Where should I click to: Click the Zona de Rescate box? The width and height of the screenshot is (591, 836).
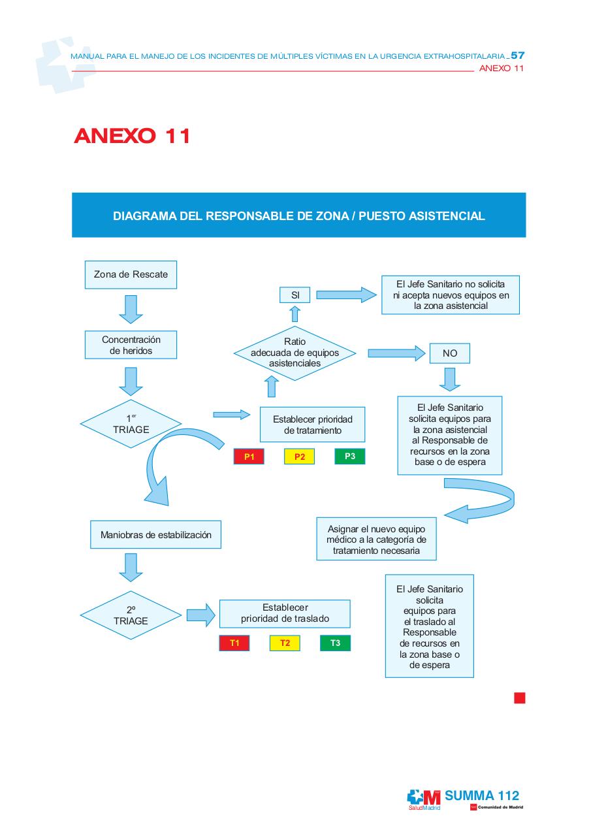[x=131, y=274]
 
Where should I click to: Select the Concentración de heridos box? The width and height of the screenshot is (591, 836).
[x=131, y=345]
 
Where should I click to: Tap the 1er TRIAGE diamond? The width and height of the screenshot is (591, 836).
[x=131, y=424]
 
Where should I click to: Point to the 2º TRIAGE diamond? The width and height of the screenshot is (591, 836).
[x=131, y=615]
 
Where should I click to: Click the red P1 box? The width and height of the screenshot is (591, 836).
[x=249, y=457]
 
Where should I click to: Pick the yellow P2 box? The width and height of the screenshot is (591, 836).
[x=299, y=457]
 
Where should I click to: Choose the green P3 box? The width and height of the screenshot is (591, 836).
[x=349, y=456]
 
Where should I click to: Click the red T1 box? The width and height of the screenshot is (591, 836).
[x=234, y=643]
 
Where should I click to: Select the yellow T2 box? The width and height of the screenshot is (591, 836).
[x=285, y=643]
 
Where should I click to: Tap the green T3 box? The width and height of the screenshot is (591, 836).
[x=335, y=643]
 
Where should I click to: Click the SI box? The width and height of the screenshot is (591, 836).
[x=295, y=295]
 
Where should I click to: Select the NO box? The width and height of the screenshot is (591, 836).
[x=449, y=353]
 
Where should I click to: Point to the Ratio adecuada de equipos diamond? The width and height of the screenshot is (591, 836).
[x=295, y=353]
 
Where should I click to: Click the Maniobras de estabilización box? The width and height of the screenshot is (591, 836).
[x=155, y=535]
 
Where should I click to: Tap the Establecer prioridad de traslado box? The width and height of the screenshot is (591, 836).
[x=285, y=613]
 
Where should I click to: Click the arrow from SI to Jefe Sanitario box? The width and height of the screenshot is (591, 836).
[x=346, y=295]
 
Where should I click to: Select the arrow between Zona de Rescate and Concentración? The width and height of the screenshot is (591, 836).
[x=131, y=309]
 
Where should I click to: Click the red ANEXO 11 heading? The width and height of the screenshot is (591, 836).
[x=132, y=136]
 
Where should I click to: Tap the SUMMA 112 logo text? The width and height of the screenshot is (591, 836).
[x=482, y=796]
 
